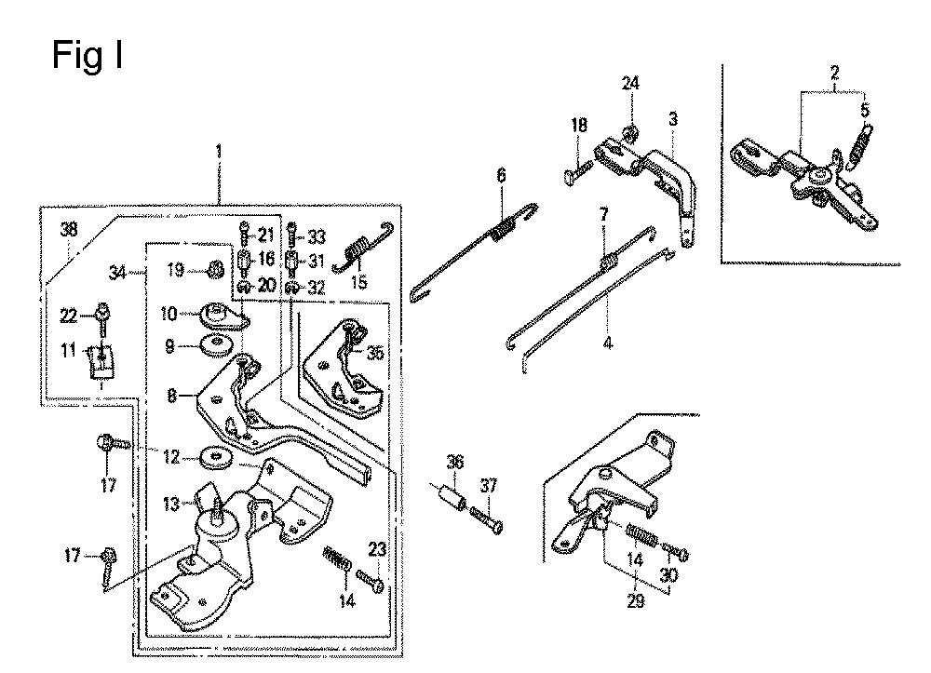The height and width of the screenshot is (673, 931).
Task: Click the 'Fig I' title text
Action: click(88, 55)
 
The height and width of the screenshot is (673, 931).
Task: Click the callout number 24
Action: click(630, 83)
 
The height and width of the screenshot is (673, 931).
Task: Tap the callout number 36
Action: click(455, 462)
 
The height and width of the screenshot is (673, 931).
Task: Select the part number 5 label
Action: click(865, 111)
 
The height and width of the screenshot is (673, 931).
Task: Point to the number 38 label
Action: click(69, 230)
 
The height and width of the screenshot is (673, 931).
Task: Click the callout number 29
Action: click(635, 600)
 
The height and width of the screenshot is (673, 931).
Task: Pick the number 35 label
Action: click(375, 353)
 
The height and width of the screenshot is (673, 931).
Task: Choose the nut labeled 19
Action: click(214, 270)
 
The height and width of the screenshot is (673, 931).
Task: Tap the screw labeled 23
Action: click(371, 580)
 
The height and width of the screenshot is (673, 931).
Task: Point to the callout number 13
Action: click(171, 504)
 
